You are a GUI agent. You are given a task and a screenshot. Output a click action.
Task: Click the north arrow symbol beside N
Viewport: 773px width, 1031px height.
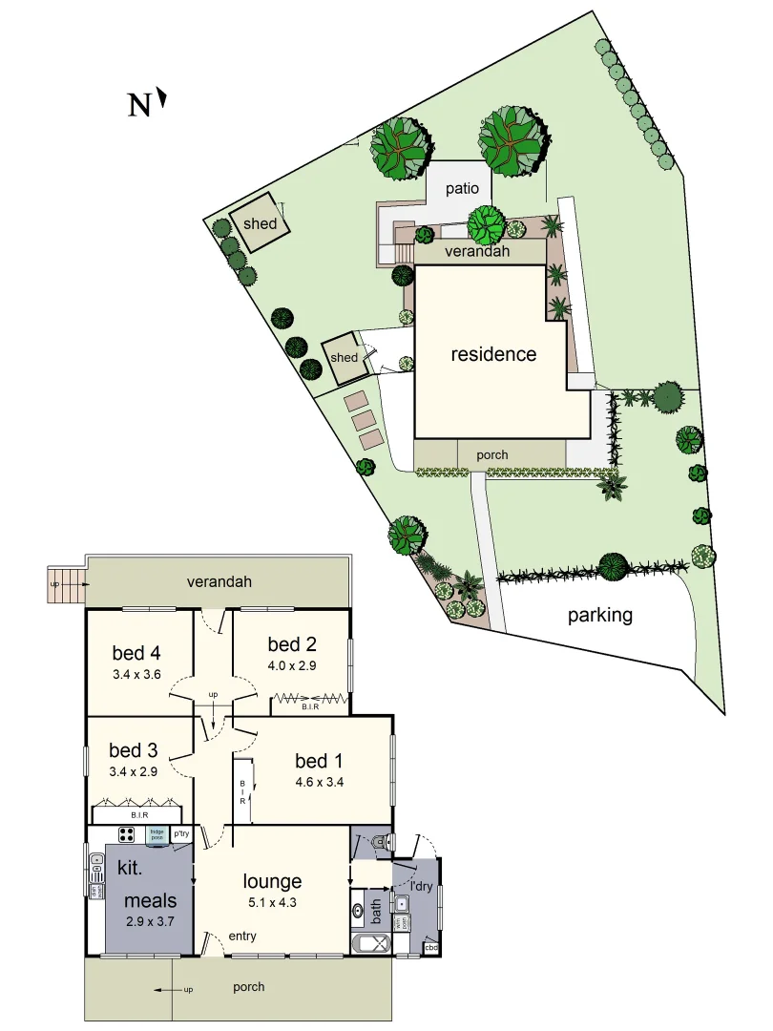click(163, 96)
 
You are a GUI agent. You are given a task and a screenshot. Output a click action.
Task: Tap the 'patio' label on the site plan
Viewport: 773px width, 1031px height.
click(460, 188)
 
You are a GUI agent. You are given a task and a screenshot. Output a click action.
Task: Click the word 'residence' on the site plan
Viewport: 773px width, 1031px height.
click(493, 354)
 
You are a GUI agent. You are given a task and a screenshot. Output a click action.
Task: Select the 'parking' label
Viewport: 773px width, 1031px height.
click(600, 615)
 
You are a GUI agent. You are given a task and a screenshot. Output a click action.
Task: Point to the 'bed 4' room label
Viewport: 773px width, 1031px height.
click(136, 653)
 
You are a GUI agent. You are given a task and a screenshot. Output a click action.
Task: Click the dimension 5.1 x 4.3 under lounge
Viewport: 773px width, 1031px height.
click(272, 902)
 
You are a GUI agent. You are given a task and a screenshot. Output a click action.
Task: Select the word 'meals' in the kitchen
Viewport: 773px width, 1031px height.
click(151, 900)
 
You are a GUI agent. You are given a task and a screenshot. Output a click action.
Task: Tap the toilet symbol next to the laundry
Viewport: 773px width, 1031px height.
click(379, 841)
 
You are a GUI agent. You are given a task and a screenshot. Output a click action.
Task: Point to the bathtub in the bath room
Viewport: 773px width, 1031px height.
click(370, 945)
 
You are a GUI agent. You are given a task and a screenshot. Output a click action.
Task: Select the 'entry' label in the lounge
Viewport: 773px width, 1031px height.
click(241, 936)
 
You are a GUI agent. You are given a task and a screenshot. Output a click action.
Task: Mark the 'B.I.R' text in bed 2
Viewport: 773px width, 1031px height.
click(310, 707)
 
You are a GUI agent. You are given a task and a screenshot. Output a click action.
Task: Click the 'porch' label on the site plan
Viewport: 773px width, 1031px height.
click(492, 455)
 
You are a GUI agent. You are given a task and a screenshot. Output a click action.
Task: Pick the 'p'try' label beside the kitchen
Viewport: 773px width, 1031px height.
click(181, 834)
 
